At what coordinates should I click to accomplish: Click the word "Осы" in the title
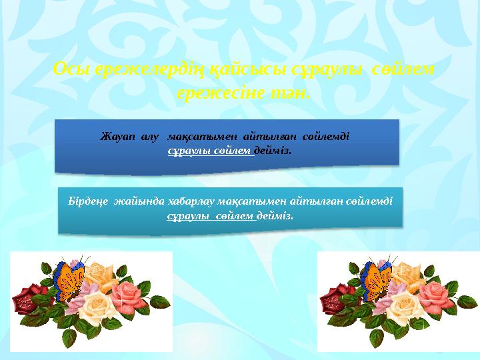point(67,69)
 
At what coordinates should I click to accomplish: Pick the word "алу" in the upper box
point(149,137)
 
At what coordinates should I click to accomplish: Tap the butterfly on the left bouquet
point(66,280)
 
